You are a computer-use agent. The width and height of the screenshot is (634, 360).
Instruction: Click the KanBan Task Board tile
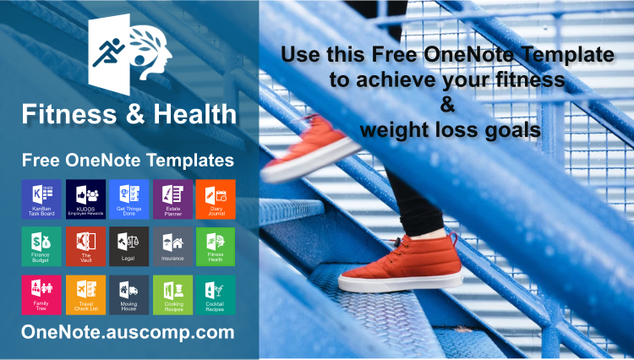(40, 199)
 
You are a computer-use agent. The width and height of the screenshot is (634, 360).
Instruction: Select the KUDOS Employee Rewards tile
(85, 199)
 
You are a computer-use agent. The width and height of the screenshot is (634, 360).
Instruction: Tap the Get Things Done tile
(128, 199)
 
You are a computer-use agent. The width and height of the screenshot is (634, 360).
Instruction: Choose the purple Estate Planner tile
(172, 199)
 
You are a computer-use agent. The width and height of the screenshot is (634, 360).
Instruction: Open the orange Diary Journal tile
(216, 199)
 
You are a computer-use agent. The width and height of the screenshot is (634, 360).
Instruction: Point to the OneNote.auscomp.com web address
(128, 332)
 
